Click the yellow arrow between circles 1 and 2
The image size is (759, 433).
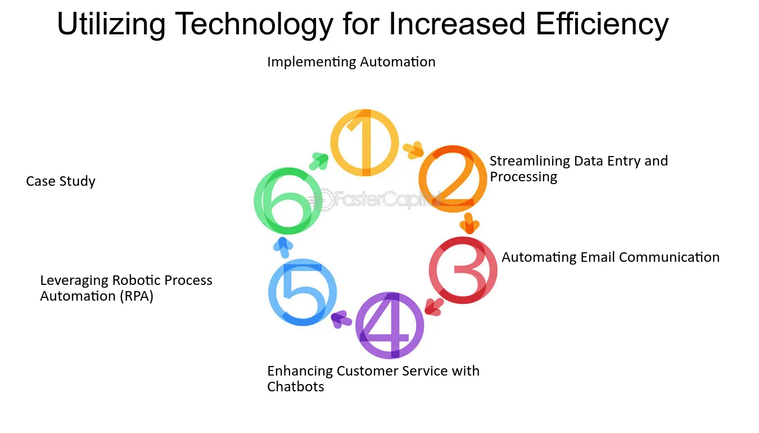coord(413,150)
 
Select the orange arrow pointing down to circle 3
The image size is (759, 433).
coord(469,224)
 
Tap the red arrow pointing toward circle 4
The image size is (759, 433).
coord(434,307)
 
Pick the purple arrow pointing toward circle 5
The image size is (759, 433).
coord(341,319)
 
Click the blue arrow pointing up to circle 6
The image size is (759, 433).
coord(283,247)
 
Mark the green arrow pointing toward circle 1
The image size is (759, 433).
coord(319,161)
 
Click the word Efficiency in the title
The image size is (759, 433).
coord(602,24)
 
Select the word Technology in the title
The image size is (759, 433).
coord(254,24)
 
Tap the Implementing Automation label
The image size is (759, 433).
coord(351,62)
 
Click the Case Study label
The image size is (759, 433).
coord(61,181)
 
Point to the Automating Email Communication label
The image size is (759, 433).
coord(611,257)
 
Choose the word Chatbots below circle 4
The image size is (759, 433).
coord(296,387)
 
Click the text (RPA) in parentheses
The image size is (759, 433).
coord(137,296)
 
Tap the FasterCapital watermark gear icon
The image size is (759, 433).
coord(324,199)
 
